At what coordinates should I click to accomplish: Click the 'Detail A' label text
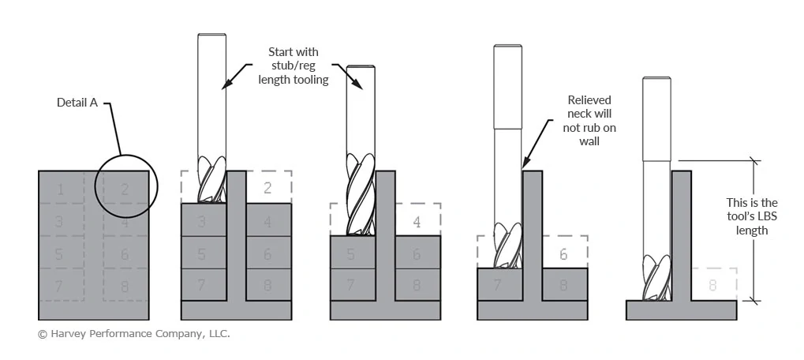pos(77,103)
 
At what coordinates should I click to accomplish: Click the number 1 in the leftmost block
pos(60,189)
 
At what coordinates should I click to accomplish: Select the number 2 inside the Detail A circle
pos(125,189)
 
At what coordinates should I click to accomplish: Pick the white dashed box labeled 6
pos(564,253)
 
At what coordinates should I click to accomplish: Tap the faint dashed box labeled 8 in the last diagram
pos(713,285)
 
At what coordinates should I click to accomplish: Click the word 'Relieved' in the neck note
pos(589,100)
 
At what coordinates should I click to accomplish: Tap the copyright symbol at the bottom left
pos(43,334)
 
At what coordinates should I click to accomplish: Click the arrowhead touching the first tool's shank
pos(225,87)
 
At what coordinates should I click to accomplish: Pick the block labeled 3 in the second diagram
pos(202,221)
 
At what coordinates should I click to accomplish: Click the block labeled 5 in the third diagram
pos(350,253)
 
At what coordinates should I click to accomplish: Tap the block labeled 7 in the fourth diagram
pos(497,285)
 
